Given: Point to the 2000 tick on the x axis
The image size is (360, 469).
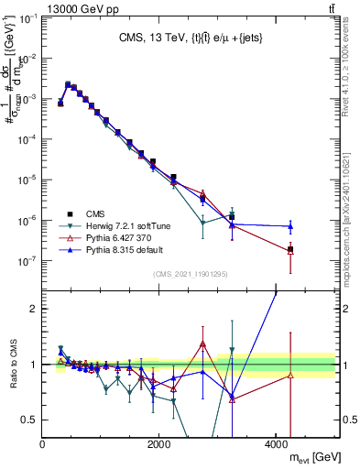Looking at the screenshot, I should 159,443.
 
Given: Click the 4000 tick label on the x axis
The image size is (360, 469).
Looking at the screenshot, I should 277,443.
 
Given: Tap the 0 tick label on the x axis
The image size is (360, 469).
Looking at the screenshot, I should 43,443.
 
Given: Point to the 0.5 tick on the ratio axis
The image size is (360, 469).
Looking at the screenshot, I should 31,420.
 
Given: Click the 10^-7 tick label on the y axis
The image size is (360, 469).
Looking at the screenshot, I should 27,261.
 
